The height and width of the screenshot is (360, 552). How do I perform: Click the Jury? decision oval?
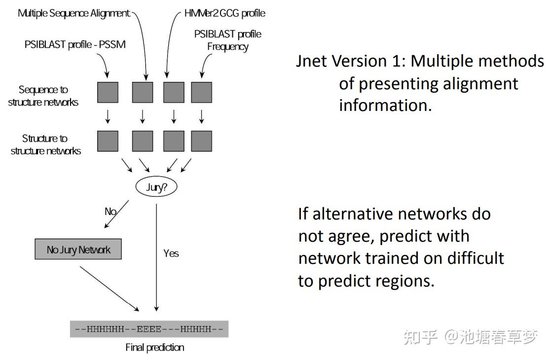[x=155, y=187]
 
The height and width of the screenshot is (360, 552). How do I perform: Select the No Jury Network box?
[x=78, y=250]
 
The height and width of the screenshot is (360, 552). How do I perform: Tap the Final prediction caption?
[x=154, y=347]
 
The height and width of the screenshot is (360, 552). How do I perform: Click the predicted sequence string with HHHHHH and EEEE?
[x=149, y=329]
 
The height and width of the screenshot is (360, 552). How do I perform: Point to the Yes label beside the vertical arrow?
[x=171, y=253]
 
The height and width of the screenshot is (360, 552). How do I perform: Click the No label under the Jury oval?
[x=110, y=212]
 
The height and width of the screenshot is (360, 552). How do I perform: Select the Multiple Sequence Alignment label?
[x=74, y=13]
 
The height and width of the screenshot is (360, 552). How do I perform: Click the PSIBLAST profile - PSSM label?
[x=75, y=44]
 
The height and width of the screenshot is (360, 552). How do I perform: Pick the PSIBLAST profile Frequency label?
[x=227, y=40]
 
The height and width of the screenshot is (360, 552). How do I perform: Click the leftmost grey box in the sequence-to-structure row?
[x=108, y=92]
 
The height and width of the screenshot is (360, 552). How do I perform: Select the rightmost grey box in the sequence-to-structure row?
[x=201, y=92]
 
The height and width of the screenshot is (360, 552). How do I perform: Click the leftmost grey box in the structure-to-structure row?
[x=108, y=141]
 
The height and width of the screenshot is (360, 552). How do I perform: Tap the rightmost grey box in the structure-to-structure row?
[x=201, y=141]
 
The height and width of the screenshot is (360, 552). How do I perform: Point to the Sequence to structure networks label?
[x=43, y=96]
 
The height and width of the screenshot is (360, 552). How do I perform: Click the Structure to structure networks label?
[x=45, y=144]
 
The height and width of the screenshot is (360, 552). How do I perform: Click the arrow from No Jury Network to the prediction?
[x=109, y=289]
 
